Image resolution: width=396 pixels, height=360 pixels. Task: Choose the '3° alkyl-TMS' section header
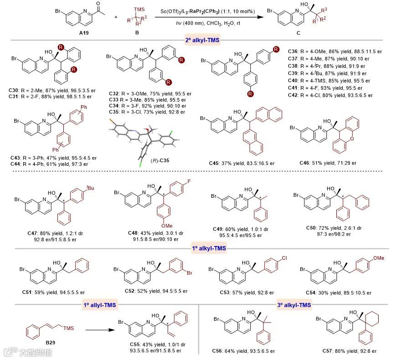(x=296, y=304)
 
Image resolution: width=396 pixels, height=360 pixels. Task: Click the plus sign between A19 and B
(x=116, y=17)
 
